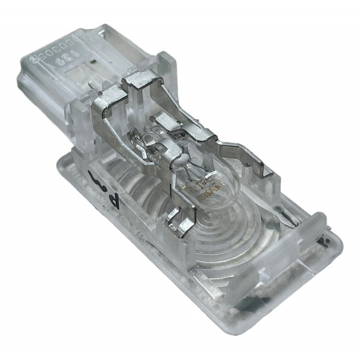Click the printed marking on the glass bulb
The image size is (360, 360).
pyautogui.click(x=197, y=189)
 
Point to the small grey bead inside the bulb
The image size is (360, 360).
pyautogui.click(x=178, y=160)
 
